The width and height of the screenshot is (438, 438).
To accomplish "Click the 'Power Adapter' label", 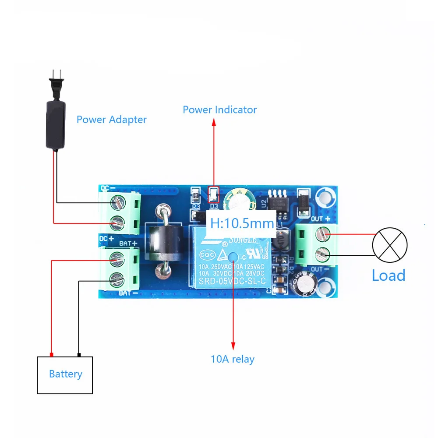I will (x=111, y=119).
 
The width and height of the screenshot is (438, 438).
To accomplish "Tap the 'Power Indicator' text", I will (x=219, y=109).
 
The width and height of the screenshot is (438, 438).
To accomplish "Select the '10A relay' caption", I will (x=232, y=360).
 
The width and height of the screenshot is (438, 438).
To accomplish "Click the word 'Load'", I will (x=388, y=275).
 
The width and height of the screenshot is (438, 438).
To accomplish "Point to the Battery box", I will (x=65, y=374).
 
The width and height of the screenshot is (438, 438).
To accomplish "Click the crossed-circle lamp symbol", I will (x=389, y=244).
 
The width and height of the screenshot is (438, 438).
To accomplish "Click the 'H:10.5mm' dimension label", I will (x=242, y=223).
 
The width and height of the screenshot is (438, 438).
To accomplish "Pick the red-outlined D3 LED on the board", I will (x=214, y=193).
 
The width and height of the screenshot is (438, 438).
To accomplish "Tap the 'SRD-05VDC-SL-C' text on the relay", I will (x=233, y=282).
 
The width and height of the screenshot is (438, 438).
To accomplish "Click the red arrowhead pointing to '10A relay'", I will (x=233, y=345).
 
